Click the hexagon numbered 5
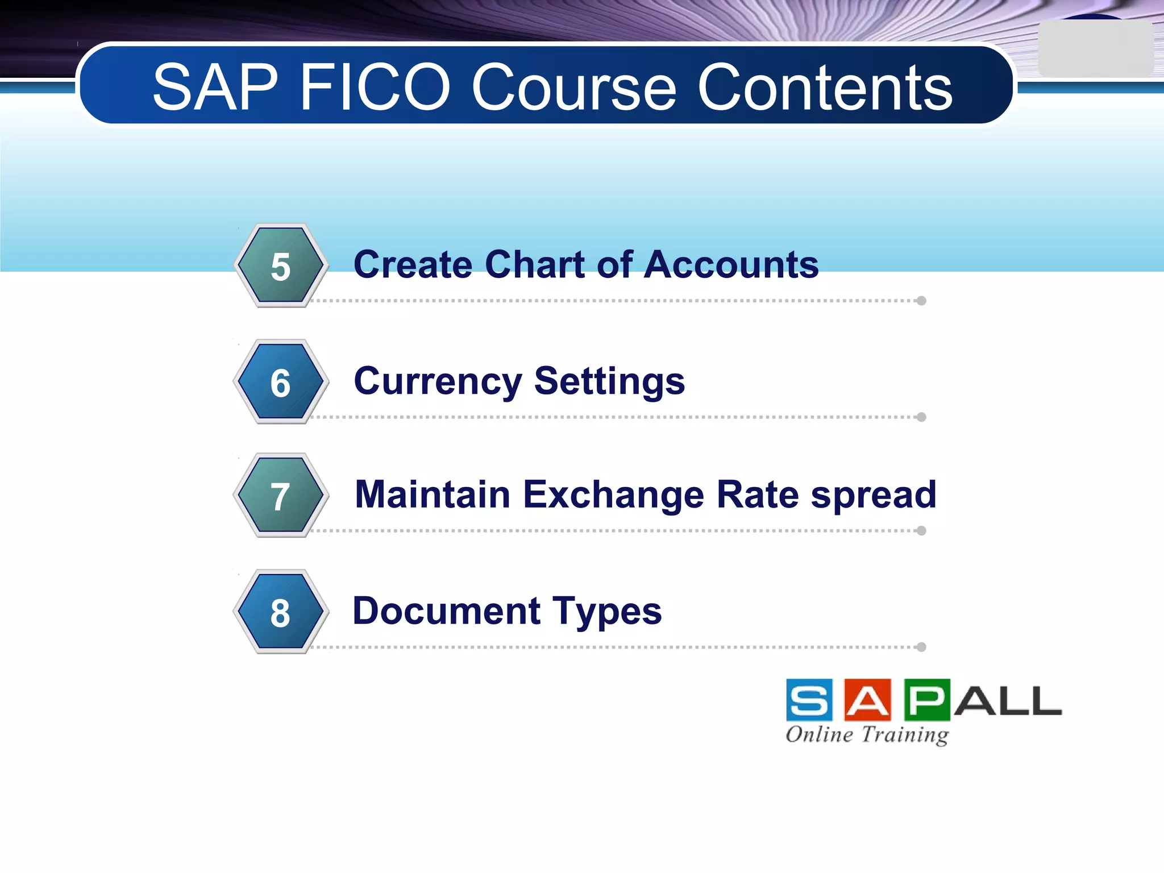tap(280, 266)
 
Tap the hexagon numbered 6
tap(280, 382)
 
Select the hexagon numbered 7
tap(280, 496)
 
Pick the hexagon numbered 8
tap(280, 612)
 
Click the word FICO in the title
tap(375, 88)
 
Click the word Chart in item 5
tap(538, 265)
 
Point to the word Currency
tap(438, 382)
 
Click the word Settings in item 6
tap(609, 381)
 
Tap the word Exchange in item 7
tap(614, 494)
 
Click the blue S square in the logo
tap(809, 700)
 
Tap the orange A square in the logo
tap(867, 700)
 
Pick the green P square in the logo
tap(926, 700)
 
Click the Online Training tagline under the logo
tap(867, 734)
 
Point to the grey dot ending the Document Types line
tap(921, 647)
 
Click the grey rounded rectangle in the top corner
tap(1095, 49)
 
